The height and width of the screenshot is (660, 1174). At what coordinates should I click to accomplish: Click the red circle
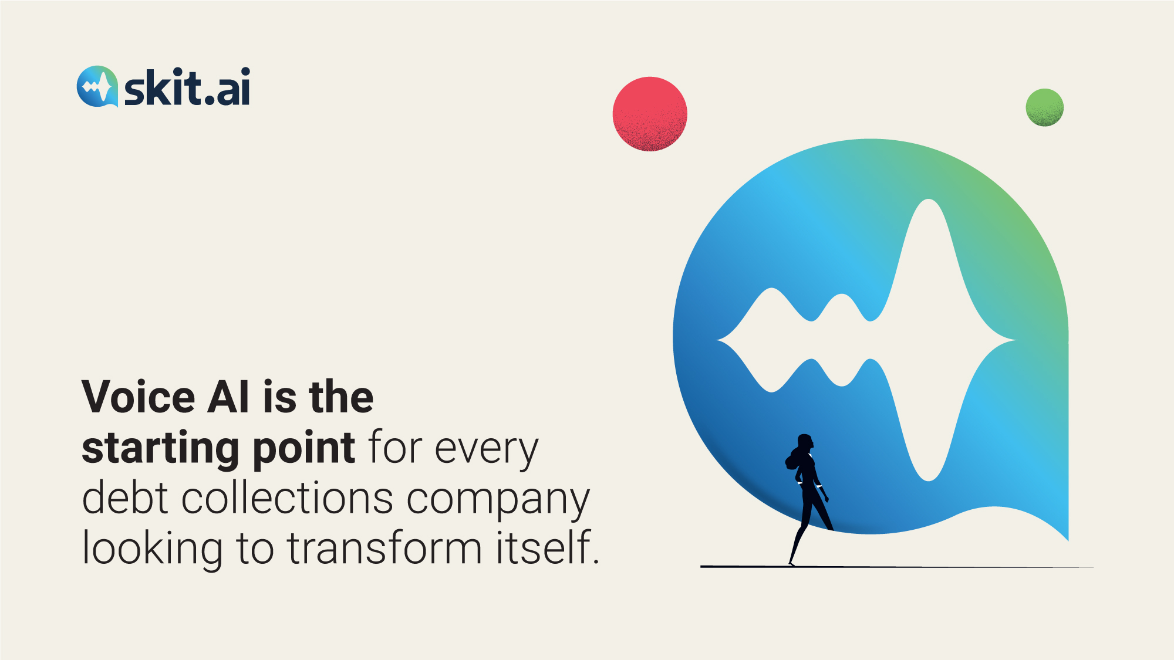pyautogui.click(x=650, y=114)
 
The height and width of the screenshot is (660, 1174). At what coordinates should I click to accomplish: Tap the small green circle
pyautogui.click(x=1044, y=107)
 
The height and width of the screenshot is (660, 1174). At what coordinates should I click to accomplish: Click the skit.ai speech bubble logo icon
pyautogui.click(x=97, y=86)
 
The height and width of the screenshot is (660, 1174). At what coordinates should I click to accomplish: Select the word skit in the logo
pyautogui.click(x=163, y=87)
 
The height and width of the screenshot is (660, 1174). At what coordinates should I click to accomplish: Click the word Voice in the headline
pyautogui.click(x=139, y=397)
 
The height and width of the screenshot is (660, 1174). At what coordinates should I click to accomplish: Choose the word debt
pyautogui.click(x=125, y=497)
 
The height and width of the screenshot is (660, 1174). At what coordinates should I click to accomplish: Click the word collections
pyautogui.click(x=287, y=497)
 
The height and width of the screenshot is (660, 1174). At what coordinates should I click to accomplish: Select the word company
pyautogui.click(x=498, y=500)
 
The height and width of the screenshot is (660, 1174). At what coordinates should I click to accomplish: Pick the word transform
pyautogui.click(x=384, y=548)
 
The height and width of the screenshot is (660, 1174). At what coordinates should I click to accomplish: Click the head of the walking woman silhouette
pyautogui.click(x=805, y=442)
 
